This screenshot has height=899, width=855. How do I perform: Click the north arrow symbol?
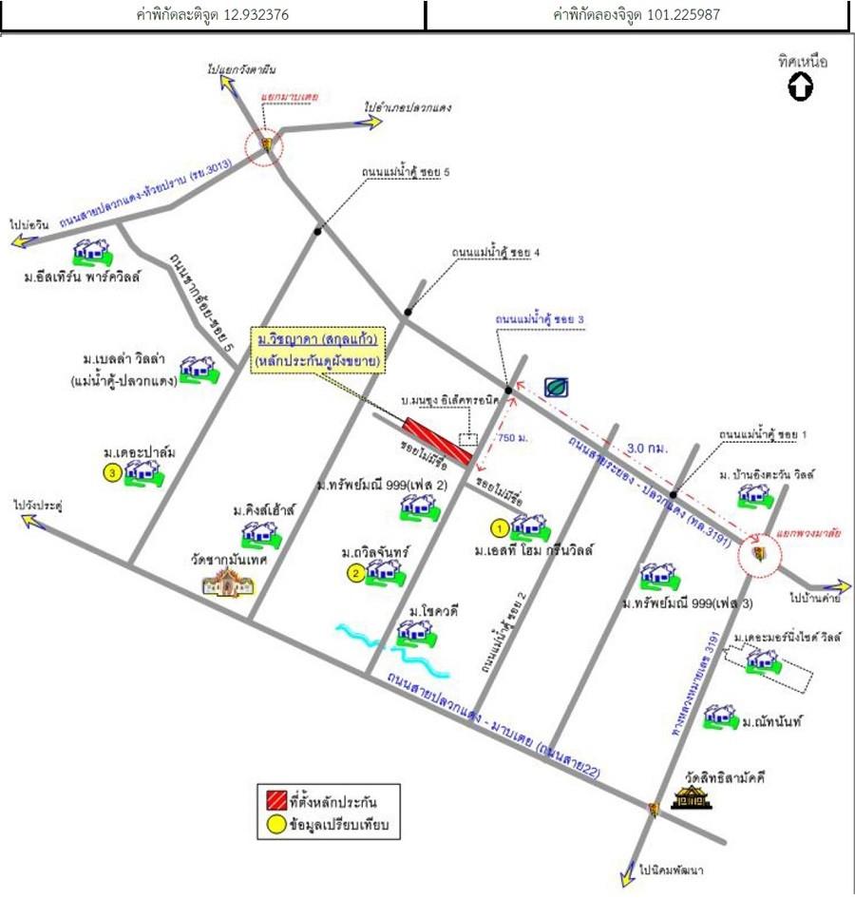pos(801,87)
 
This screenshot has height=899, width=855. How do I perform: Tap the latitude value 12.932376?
pos(257,15)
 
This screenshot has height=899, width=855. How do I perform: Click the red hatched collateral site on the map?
pos(439,441)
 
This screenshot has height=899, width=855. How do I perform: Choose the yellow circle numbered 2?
pos(354,572)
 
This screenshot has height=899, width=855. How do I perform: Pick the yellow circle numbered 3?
pos(113,472)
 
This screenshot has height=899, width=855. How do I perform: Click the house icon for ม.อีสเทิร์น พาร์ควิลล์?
pos(93,252)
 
